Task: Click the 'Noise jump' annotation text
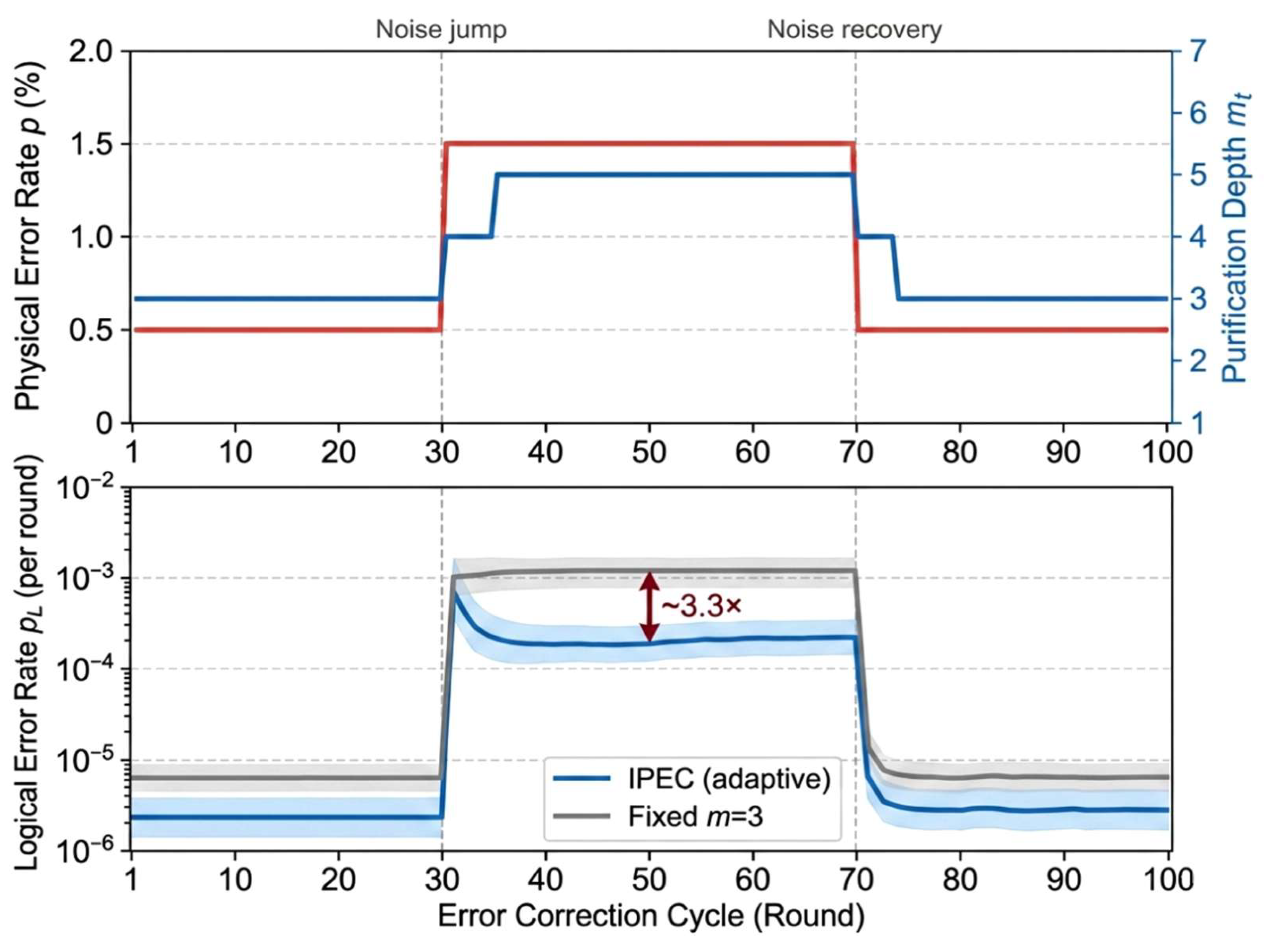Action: pyautogui.click(x=440, y=29)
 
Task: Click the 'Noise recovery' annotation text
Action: pyautogui.click(x=854, y=29)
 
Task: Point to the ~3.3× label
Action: pyautogui.click(x=702, y=605)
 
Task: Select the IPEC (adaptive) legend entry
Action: pyautogui.click(x=691, y=778)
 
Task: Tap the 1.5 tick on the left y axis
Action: pyautogui.click(x=91, y=144)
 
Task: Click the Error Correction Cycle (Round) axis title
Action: pyautogui.click(x=651, y=915)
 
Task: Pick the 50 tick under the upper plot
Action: pyautogui.click(x=649, y=452)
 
